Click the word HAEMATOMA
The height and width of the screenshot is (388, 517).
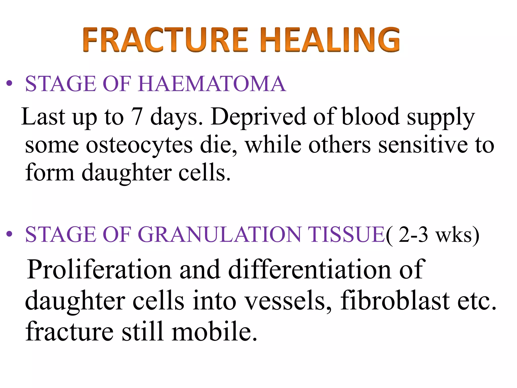pyautogui.click(x=212, y=84)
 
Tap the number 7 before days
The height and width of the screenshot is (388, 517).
pyautogui.click(x=137, y=117)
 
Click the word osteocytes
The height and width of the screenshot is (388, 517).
pyautogui.click(x=139, y=145)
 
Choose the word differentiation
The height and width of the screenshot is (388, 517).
pyautogui.click(x=310, y=270)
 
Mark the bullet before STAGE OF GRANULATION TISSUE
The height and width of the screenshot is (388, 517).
pyautogui.click(x=9, y=234)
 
